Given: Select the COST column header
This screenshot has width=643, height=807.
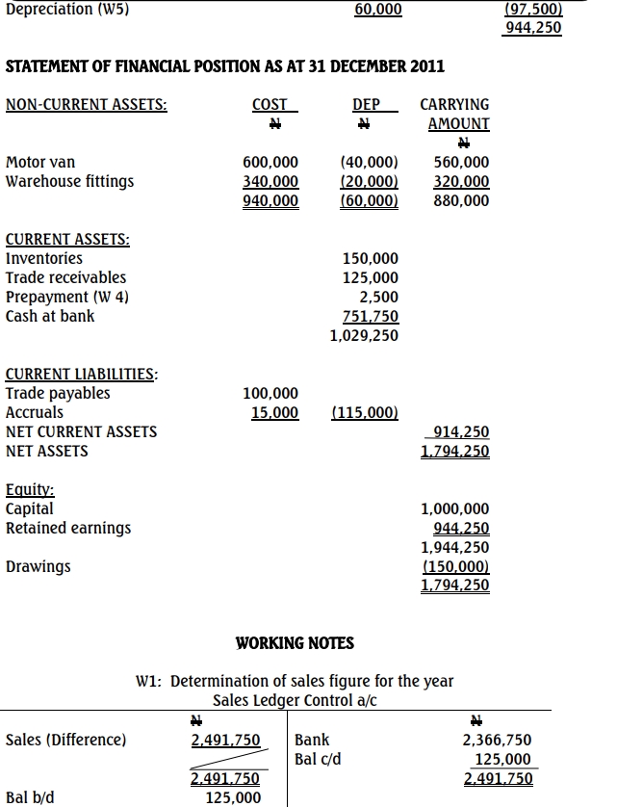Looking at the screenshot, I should point(269,104).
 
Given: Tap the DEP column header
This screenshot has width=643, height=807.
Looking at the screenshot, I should point(367,104).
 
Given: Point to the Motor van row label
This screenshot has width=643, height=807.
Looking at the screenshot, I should point(40,162).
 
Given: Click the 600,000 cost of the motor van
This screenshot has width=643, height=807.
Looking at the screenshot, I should point(270,162).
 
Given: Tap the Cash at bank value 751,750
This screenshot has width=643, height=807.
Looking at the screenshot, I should point(371,317).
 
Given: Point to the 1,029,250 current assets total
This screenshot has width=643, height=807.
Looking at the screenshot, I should point(364,336).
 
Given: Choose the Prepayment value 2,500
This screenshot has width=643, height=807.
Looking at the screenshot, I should point(378,297).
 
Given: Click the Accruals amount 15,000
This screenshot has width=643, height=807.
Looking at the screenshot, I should point(274,412).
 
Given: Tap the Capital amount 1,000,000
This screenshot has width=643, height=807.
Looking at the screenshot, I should point(455,508).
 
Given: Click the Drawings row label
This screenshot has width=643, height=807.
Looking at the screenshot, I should point(39,566).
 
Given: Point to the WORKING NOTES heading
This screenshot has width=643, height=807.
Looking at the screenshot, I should point(295,643).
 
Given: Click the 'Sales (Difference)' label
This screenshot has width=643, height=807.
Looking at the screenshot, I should point(65,740).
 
